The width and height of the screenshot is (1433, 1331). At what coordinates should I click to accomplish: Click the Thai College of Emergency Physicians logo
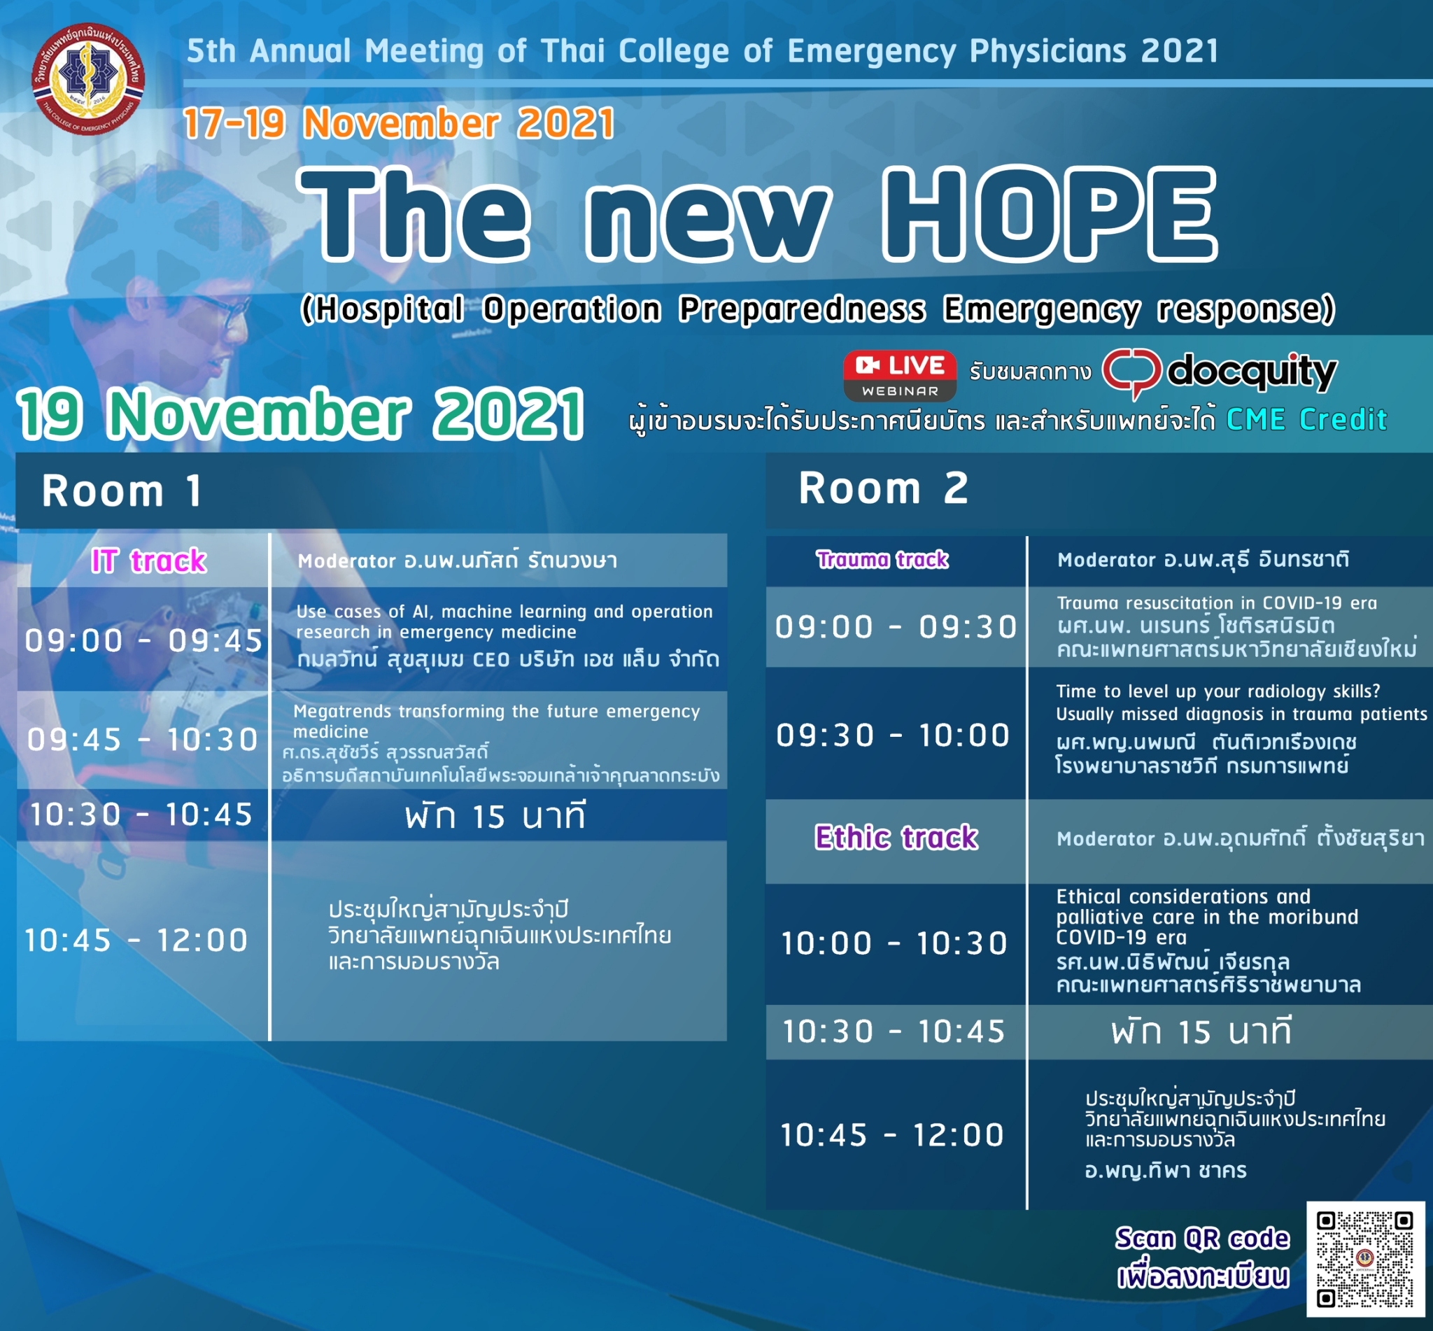[88, 78]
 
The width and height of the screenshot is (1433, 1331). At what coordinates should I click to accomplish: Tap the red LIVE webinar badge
[899, 375]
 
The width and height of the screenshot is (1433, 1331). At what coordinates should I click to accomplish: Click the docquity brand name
[1252, 372]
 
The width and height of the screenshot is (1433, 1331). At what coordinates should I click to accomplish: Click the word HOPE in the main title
[1049, 214]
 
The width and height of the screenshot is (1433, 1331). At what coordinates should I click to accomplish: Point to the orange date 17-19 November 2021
[399, 123]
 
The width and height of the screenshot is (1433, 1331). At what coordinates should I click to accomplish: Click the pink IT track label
[148, 561]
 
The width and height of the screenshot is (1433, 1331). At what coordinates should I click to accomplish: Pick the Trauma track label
[882, 559]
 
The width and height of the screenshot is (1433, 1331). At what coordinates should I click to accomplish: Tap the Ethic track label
[896, 837]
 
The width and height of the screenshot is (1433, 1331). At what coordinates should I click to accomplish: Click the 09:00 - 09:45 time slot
[144, 640]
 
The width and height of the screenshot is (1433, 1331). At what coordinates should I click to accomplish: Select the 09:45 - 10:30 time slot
[143, 740]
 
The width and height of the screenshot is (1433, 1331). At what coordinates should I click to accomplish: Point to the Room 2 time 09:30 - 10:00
[893, 735]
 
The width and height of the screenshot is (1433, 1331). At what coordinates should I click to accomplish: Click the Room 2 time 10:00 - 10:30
[894, 943]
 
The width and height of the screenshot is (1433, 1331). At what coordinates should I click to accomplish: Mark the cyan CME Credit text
[1307, 419]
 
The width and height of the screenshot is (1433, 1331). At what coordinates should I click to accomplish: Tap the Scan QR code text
[1203, 1238]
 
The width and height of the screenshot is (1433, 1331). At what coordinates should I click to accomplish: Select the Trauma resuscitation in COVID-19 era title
[1216, 603]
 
